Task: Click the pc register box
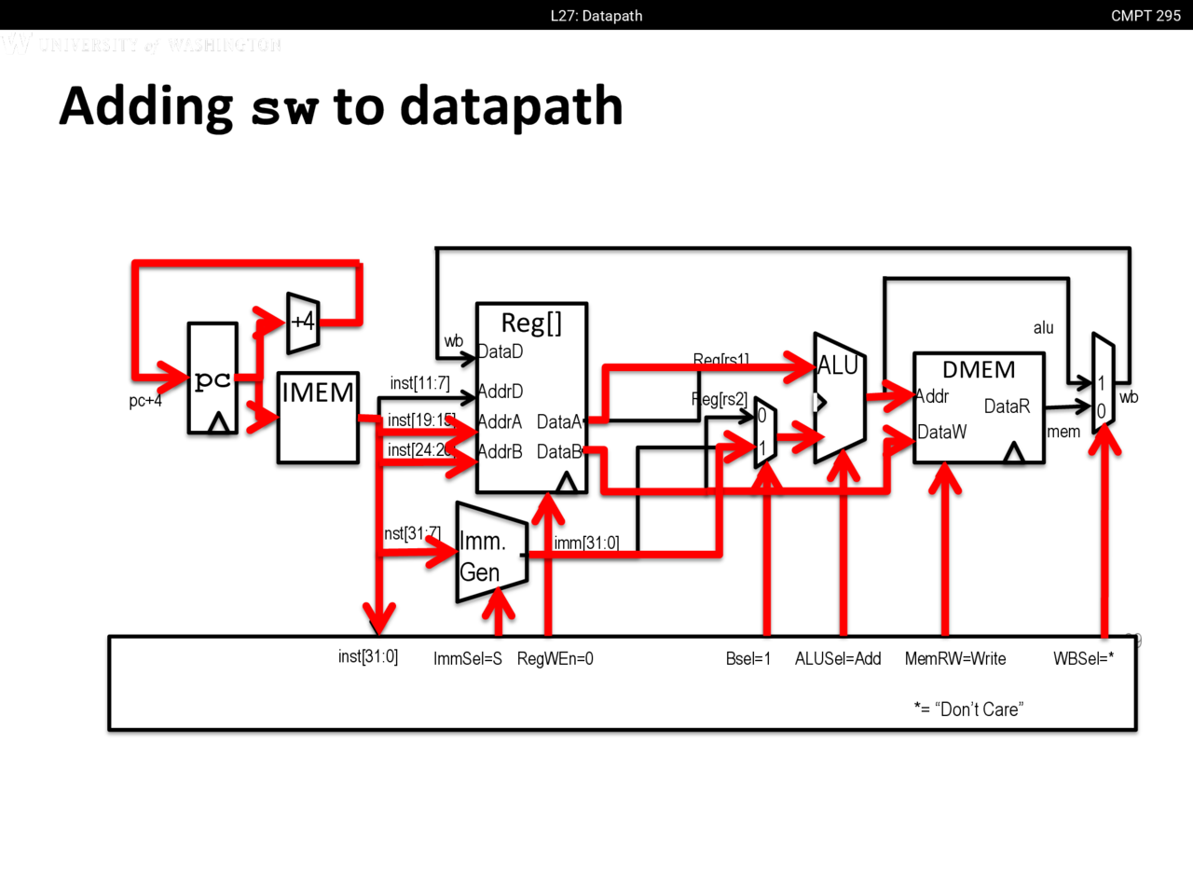[213, 379]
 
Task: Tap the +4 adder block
[303, 323]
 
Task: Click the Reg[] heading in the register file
[531, 323]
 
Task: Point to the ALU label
[837, 365]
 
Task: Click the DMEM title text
[979, 370]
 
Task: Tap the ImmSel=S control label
[467, 659]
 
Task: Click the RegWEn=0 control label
[555, 659]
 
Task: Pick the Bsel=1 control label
[748, 659]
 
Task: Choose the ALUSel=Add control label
[838, 659]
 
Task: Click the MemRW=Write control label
[955, 659]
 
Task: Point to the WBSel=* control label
[1083, 659]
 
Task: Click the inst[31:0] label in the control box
[368, 656]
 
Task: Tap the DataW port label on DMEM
[941, 433]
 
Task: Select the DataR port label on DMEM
[1007, 406]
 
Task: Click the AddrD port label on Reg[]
[501, 392]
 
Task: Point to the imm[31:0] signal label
[586, 543]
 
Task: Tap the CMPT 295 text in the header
[1145, 16]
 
